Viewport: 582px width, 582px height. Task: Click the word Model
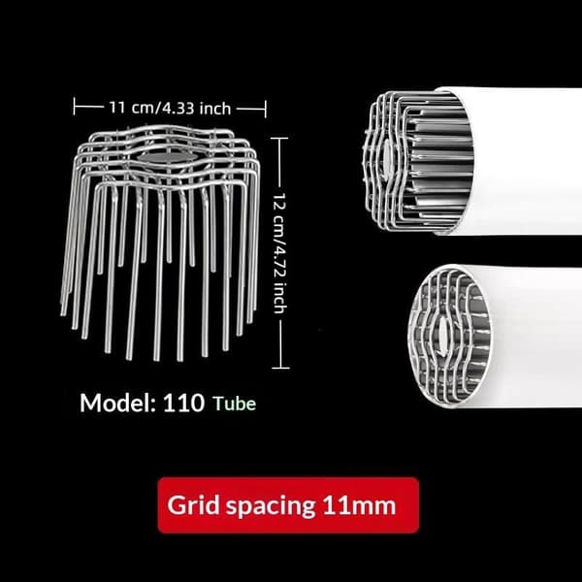(x=117, y=403)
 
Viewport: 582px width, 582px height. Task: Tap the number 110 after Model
(x=183, y=403)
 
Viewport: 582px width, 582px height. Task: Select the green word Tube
(x=234, y=404)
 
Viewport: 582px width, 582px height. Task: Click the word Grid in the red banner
(x=193, y=505)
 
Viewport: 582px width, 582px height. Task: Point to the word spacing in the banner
(x=271, y=506)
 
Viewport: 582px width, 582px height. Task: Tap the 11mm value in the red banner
(x=359, y=505)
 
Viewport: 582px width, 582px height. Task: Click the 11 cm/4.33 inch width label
(x=170, y=108)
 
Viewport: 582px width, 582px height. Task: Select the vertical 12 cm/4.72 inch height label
(x=280, y=253)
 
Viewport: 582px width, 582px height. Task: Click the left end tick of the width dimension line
(x=75, y=107)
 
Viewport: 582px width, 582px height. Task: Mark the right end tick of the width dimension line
(x=266, y=109)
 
